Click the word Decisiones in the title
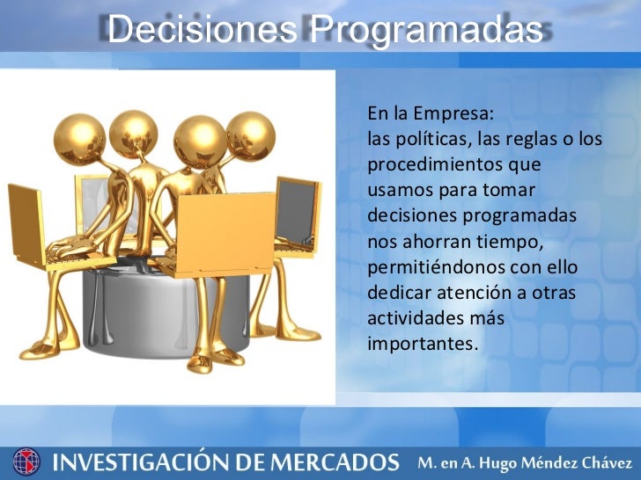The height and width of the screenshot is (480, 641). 203,30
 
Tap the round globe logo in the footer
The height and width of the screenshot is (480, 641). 26,461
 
